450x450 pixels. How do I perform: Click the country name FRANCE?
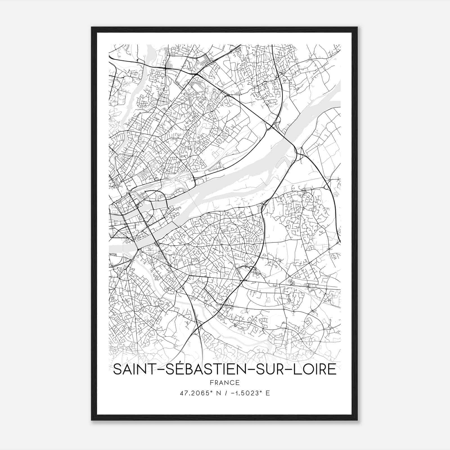[224, 382]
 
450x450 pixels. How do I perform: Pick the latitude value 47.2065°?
[195, 393]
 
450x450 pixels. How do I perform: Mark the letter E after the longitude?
[267, 393]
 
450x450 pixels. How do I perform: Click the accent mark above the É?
[170, 363]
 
